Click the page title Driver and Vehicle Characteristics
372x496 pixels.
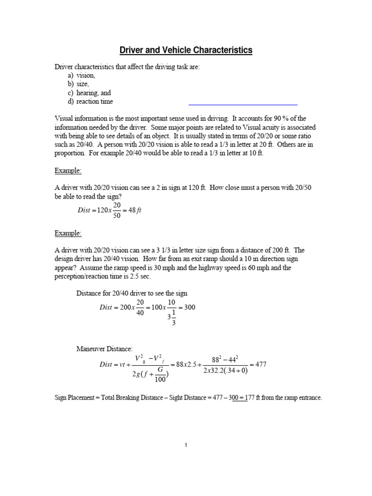[x=186, y=50]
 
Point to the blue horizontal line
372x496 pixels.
[x=242, y=104]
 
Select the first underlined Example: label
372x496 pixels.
[x=68, y=171]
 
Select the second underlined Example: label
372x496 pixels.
[x=68, y=233]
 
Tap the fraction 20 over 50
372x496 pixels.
[x=116, y=211]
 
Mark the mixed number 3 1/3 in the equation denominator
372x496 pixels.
[x=171, y=319]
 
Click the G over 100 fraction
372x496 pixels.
[x=158, y=376]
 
